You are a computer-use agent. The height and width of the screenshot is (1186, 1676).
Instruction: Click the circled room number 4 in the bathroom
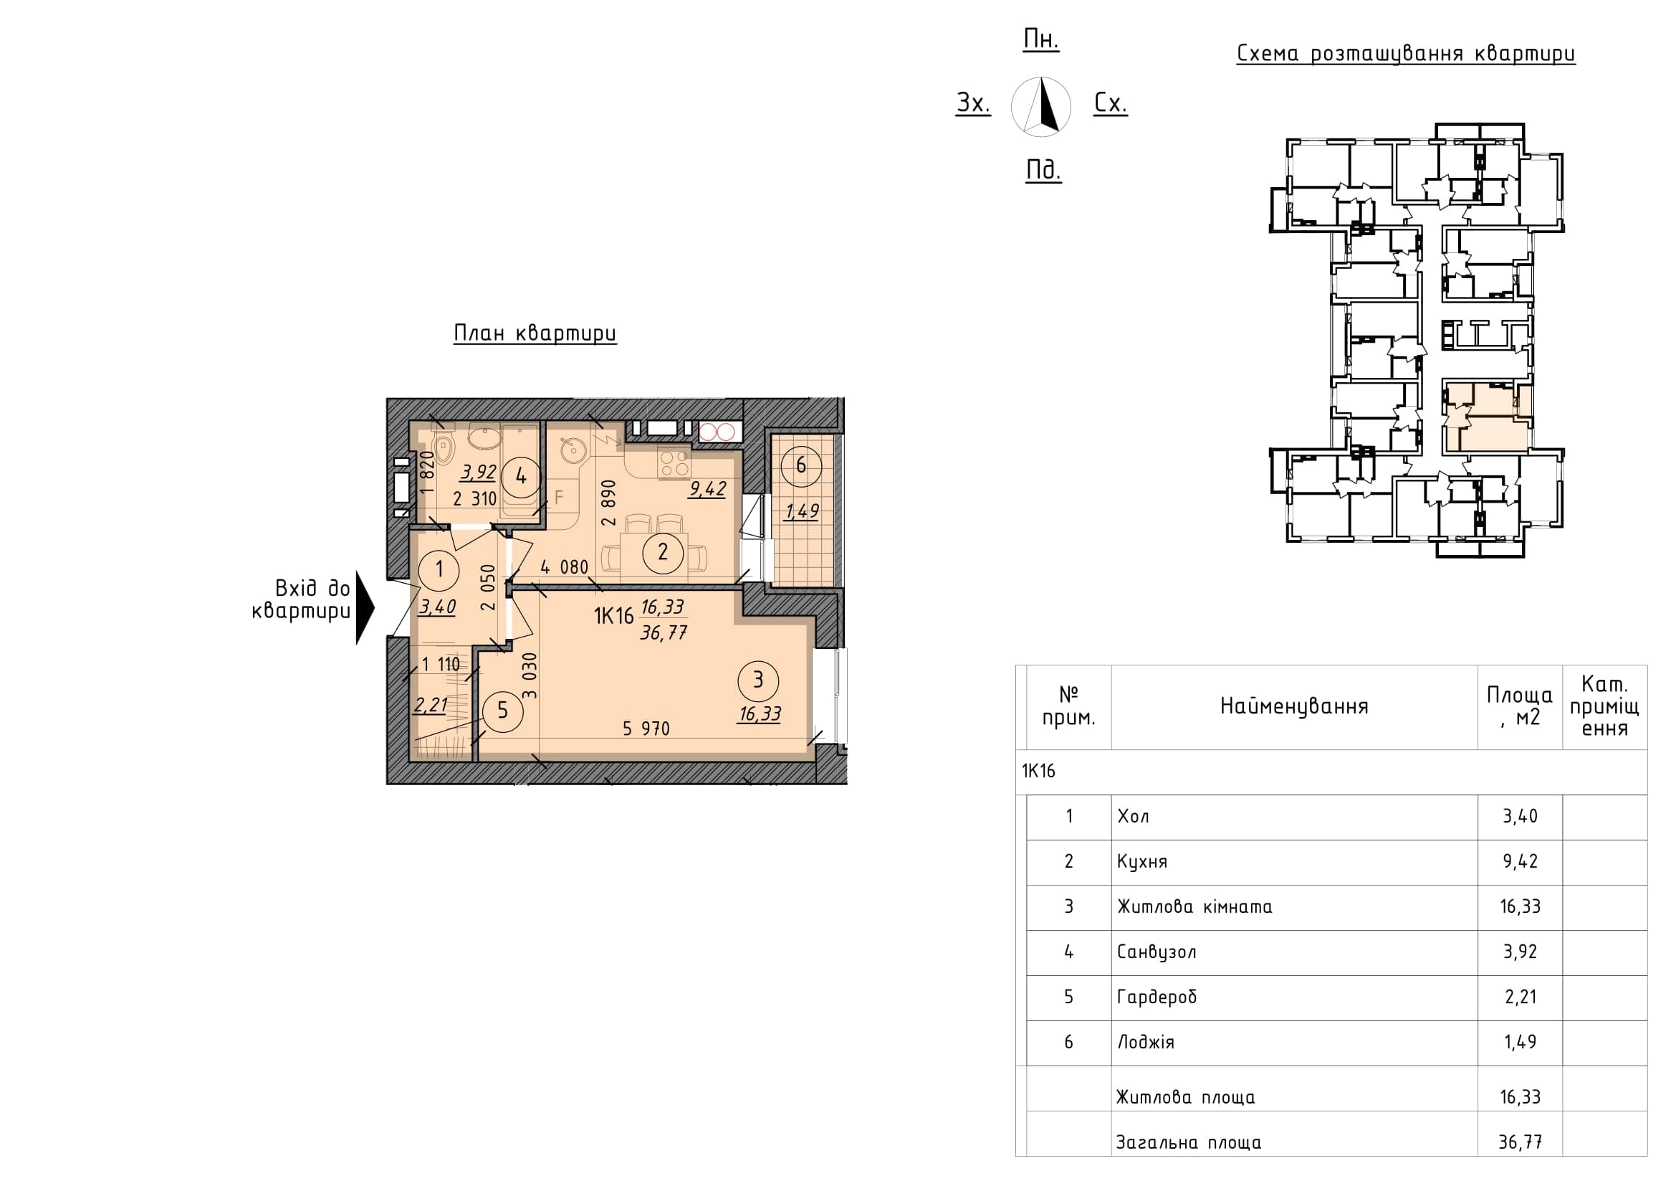click(520, 476)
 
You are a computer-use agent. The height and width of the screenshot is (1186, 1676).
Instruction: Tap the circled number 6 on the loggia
click(801, 465)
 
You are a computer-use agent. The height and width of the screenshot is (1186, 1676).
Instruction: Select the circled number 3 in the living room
click(757, 680)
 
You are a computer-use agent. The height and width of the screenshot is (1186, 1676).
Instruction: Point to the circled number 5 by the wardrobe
click(502, 711)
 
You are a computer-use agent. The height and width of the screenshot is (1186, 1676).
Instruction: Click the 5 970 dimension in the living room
click(646, 728)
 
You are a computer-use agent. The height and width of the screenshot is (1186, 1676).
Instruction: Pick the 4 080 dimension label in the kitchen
click(564, 566)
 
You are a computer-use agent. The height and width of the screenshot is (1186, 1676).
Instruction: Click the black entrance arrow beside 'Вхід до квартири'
click(365, 607)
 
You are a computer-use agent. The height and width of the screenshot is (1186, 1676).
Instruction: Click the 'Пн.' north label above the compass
click(1041, 39)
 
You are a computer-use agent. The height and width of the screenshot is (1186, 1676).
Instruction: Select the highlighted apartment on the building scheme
click(1486, 417)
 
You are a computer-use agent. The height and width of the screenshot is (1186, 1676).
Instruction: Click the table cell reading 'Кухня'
click(1142, 862)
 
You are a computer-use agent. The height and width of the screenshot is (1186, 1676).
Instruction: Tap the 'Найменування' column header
click(1294, 706)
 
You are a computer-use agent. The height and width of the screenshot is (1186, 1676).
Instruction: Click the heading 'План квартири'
click(535, 333)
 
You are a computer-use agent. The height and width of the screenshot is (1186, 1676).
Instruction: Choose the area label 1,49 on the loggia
click(803, 511)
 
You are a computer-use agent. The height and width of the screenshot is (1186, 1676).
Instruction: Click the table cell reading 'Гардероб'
click(1157, 997)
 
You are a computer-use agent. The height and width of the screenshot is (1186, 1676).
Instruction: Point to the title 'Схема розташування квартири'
click(1406, 54)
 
